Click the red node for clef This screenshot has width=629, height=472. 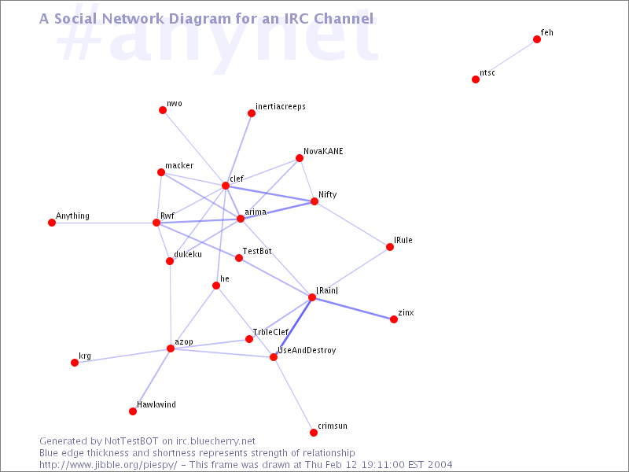(x=226, y=186)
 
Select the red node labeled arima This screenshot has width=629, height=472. (x=241, y=219)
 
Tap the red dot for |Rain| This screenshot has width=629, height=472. (x=312, y=297)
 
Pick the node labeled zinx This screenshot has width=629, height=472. (x=394, y=319)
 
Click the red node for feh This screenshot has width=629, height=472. (x=537, y=39)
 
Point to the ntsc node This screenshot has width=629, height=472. (x=476, y=79)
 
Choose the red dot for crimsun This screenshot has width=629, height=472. (x=314, y=432)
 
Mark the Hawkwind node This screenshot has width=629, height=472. (x=133, y=411)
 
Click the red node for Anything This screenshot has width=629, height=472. (x=52, y=223)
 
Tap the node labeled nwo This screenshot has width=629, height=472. (x=163, y=110)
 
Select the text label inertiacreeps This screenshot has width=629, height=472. (x=281, y=106)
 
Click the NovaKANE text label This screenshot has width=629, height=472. (x=323, y=151)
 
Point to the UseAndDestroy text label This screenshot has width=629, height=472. (x=307, y=350)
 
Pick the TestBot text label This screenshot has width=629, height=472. (x=257, y=251)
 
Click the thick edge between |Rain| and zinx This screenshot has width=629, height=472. (x=353, y=308)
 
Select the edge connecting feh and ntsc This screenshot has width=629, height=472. (x=506, y=60)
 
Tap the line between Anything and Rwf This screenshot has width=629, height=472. (x=104, y=223)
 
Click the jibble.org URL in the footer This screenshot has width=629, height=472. (x=109, y=465)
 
